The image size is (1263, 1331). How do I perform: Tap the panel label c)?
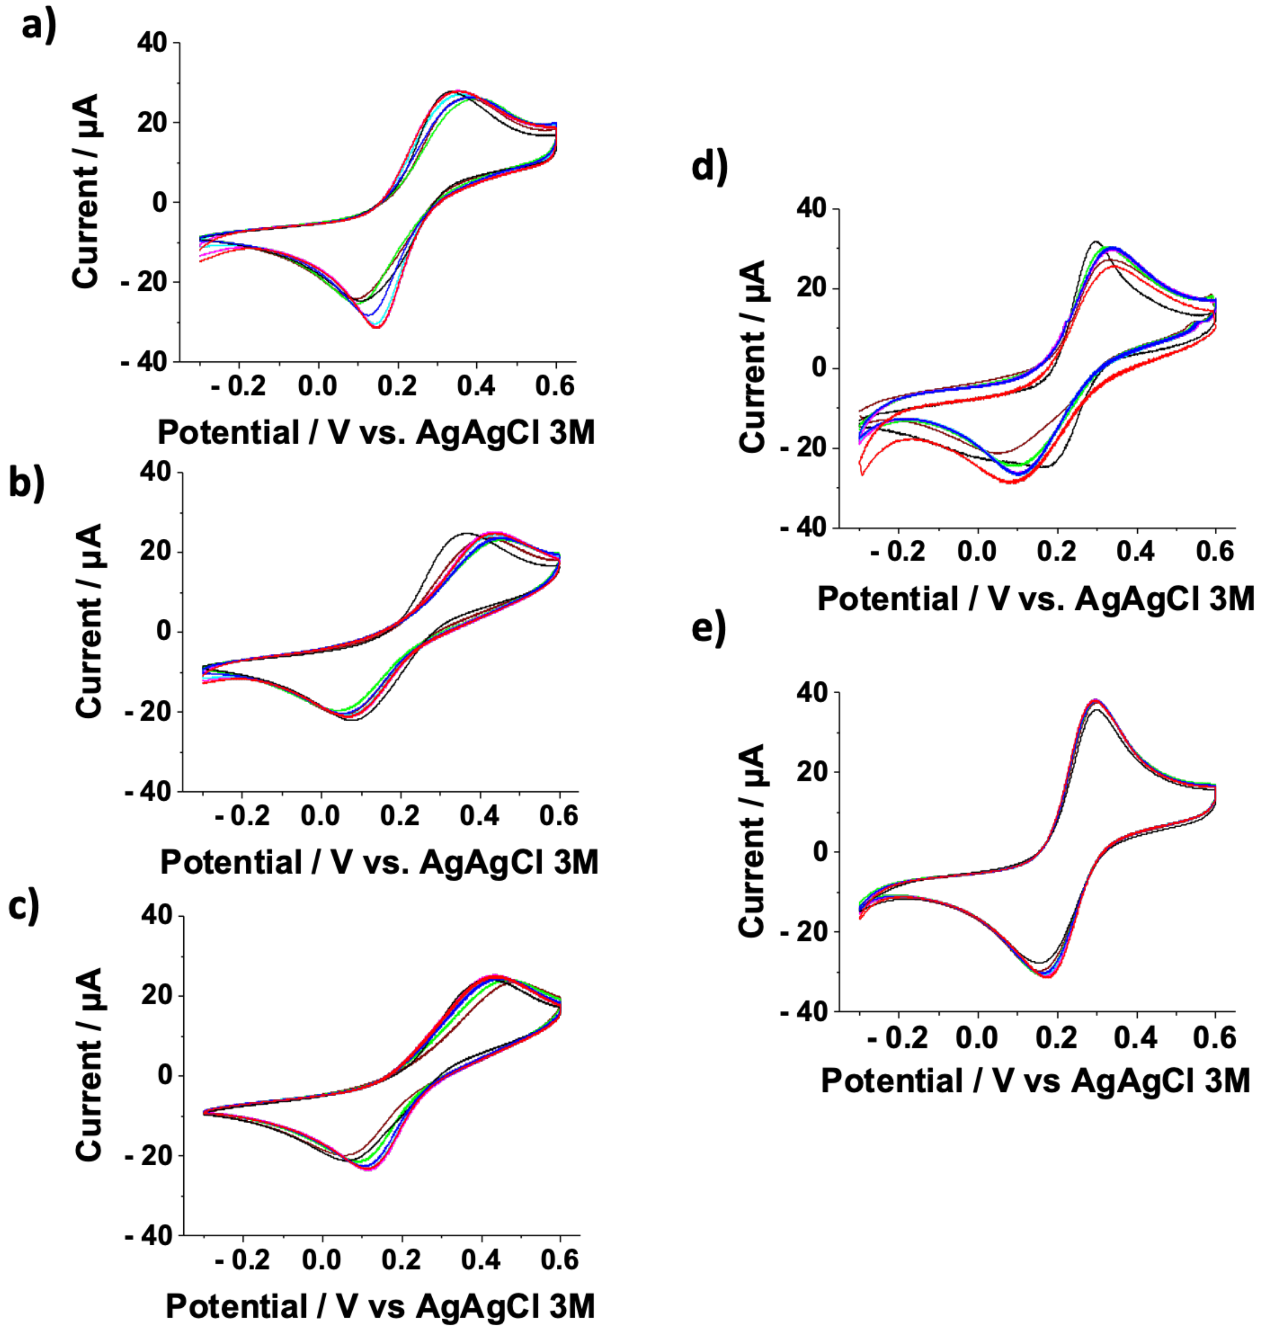(x=25, y=908)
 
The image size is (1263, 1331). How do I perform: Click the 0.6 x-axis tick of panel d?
(x=1214, y=552)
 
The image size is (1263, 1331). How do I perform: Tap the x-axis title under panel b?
(x=379, y=862)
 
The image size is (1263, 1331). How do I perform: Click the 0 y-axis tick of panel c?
(x=164, y=1075)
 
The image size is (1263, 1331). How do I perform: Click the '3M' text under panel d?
(x=1231, y=599)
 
